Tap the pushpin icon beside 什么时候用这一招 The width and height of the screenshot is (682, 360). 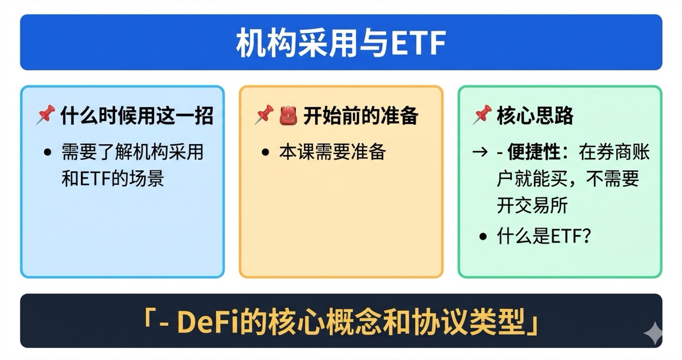pos(45,114)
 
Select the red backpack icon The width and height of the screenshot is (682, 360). pos(288,115)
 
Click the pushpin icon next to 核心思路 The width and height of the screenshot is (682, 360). pos(482,114)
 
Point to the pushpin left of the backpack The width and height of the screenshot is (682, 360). pos(264,114)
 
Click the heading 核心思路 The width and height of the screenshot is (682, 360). pos(535,116)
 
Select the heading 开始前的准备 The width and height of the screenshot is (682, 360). pos(361,116)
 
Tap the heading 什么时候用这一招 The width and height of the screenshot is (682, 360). pos(137,116)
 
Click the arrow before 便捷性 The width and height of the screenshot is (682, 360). pos(480,152)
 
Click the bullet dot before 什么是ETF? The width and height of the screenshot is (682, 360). pos(482,236)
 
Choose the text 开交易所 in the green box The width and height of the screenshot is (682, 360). pos(532,205)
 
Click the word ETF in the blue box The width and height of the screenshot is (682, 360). pos(95,179)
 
